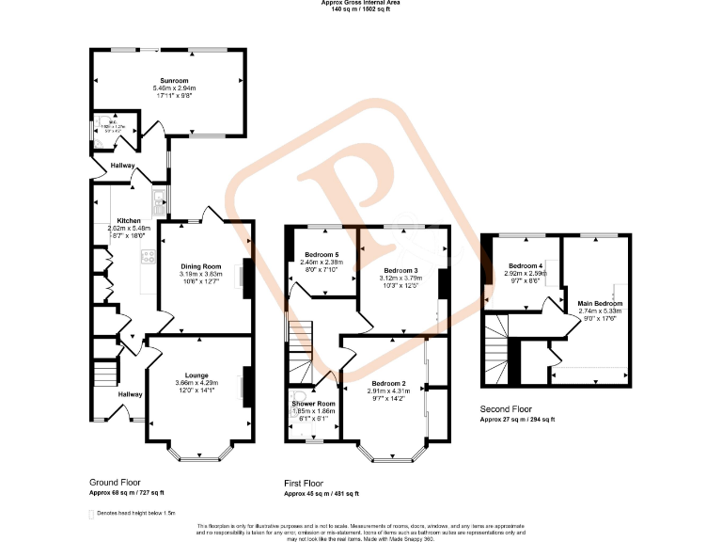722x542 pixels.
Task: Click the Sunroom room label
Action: tap(171, 81)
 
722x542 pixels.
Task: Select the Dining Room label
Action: tap(200, 266)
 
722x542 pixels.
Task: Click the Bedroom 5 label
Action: tap(320, 255)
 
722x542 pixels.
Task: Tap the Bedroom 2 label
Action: tap(387, 383)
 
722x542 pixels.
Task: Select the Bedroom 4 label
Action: tap(526, 266)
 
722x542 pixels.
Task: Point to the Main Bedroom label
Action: tap(600, 304)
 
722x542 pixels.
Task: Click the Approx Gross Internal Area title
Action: tap(360, 4)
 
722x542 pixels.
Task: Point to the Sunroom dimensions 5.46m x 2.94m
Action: tap(171, 88)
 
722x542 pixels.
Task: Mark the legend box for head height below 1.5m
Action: tap(91, 514)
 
